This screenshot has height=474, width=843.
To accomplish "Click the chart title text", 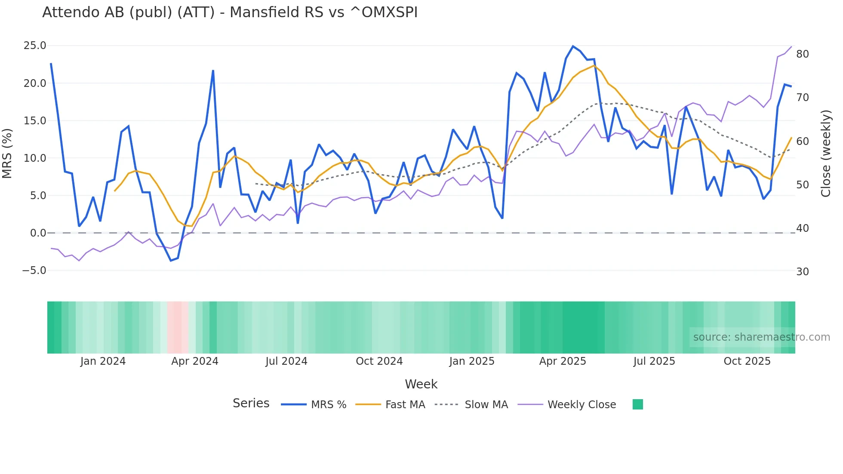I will tap(230, 12).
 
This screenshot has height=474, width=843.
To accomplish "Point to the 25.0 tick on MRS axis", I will tap(34, 46).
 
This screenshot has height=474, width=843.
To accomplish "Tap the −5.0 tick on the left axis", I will tap(34, 271).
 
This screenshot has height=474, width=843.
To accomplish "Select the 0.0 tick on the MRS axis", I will tap(38, 233).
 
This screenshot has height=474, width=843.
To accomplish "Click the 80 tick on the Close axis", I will tap(802, 54).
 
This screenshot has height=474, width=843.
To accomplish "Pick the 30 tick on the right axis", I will tap(802, 272).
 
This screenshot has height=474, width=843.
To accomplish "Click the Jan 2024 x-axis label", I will tap(103, 361).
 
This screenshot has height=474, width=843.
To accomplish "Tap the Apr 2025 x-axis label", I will tap(563, 361).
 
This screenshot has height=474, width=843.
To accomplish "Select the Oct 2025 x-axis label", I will tap(747, 361).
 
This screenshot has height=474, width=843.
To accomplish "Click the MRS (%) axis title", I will tap(7, 153).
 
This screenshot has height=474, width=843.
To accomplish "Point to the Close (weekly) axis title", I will tap(826, 153).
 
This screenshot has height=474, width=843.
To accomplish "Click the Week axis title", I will tap(421, 384).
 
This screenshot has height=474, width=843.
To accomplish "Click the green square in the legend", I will tap(638, 404).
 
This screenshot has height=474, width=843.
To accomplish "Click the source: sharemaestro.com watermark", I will tap(761, 337).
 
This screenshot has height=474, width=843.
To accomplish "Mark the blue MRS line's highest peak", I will tap(573, 46).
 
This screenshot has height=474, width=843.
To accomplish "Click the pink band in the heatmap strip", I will tap(177, 327).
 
